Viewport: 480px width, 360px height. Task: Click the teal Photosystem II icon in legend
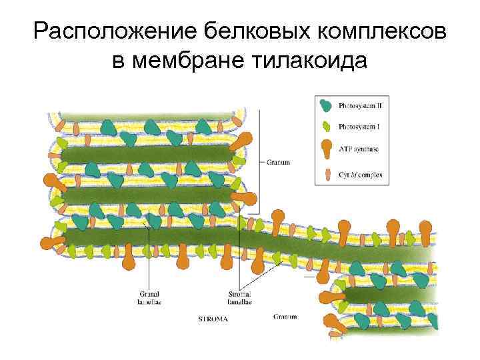click(327, 105)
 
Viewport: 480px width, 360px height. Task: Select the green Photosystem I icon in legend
click(327, 126)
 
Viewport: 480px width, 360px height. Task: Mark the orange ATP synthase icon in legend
click(327, 149)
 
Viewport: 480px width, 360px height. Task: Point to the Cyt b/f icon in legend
click(327, 175)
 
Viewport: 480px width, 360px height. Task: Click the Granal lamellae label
click(149, 297)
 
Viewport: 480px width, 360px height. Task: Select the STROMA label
click(213, 319)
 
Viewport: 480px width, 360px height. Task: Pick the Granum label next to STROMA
click(285, 316)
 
